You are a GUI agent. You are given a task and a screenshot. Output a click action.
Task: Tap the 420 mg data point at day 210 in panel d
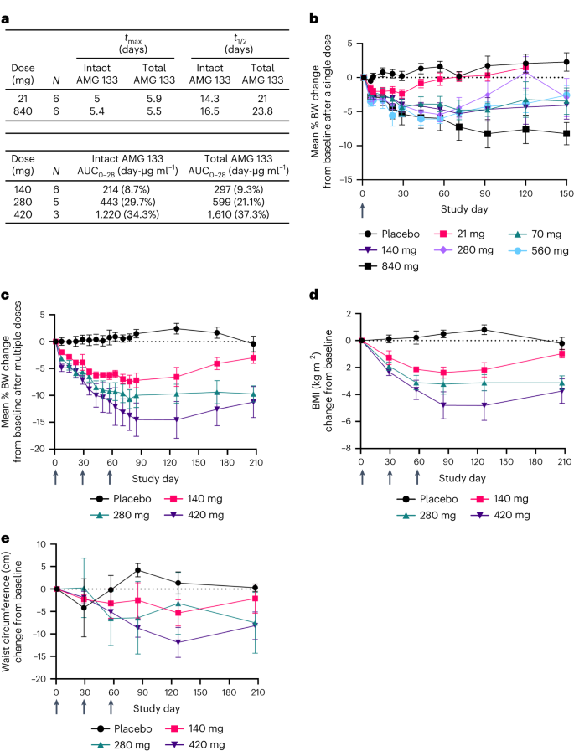point(561,390)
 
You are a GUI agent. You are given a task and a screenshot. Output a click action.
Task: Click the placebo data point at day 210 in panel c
point(253,344)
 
